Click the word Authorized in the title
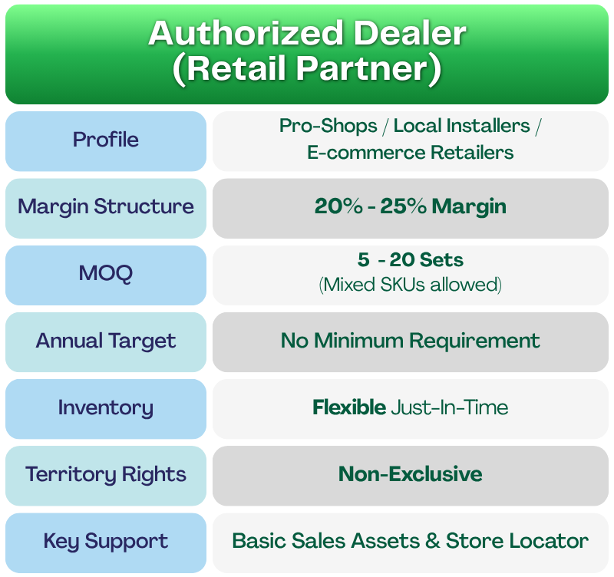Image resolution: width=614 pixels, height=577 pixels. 246,33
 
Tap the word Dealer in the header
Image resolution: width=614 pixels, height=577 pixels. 410,33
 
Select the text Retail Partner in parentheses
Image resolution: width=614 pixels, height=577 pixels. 307,69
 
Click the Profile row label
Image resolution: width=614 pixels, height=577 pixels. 106,140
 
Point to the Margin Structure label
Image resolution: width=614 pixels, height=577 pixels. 106,206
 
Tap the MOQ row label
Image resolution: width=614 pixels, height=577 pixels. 106,273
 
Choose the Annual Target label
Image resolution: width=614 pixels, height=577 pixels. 106,341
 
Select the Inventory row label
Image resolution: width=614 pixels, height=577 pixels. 106,407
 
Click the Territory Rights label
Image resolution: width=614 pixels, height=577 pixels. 106,474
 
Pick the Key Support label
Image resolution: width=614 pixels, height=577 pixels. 106,542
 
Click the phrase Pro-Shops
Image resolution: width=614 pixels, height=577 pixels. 328,126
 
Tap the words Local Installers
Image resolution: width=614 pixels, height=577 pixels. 462,126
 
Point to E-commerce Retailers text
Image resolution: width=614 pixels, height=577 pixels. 411,153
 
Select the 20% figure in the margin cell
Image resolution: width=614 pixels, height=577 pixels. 338,206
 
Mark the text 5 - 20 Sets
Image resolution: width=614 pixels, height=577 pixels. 411,259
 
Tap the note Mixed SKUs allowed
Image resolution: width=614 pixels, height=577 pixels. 411,285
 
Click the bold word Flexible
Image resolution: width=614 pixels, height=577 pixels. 349,407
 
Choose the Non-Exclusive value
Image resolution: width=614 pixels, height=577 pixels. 411,474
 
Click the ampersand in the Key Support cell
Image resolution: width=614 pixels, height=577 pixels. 433,541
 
